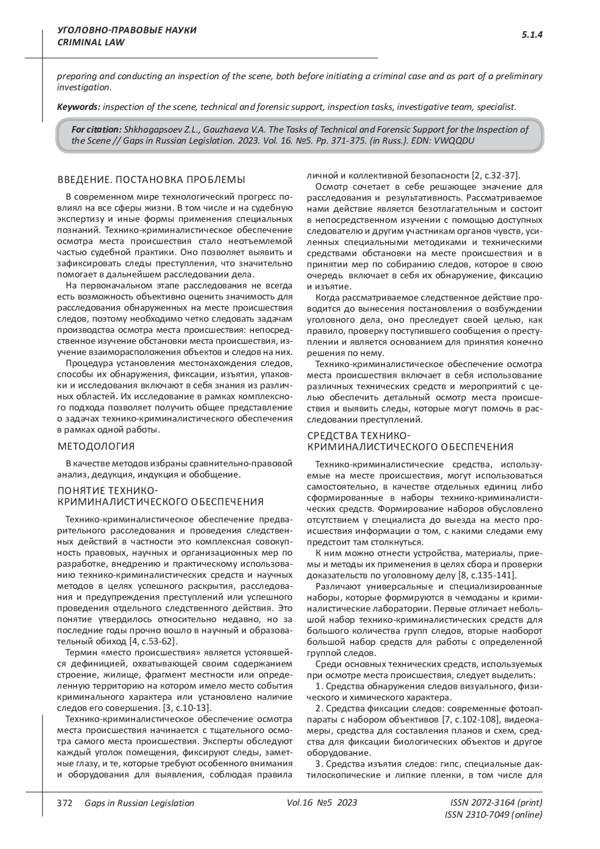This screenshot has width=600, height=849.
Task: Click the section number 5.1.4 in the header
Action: tap(532, 35)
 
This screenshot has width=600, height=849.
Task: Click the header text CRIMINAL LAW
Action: tap(90, 43)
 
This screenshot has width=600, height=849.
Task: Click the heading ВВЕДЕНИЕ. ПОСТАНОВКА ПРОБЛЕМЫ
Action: tap(151, 180)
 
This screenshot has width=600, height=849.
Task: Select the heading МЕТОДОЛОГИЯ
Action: tap(96, 446)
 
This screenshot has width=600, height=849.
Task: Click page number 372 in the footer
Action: tap(65, 803)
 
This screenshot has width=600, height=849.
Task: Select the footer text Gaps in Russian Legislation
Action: tap(139, 803)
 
